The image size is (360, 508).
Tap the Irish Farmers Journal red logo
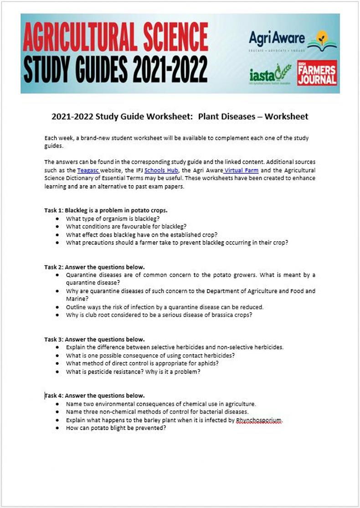pos(317,73)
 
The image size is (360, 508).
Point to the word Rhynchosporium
pos(259,420)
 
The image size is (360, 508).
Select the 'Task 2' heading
pos(94,267)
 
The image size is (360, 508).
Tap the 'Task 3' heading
pos(94,339)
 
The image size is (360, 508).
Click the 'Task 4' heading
pos(94,395)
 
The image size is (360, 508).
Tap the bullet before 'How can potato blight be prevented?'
pos(57,429)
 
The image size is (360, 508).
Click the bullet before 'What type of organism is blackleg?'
pos(57,218)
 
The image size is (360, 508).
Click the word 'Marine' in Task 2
pos(76,299)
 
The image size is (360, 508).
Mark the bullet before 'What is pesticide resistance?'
pos(57,372)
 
